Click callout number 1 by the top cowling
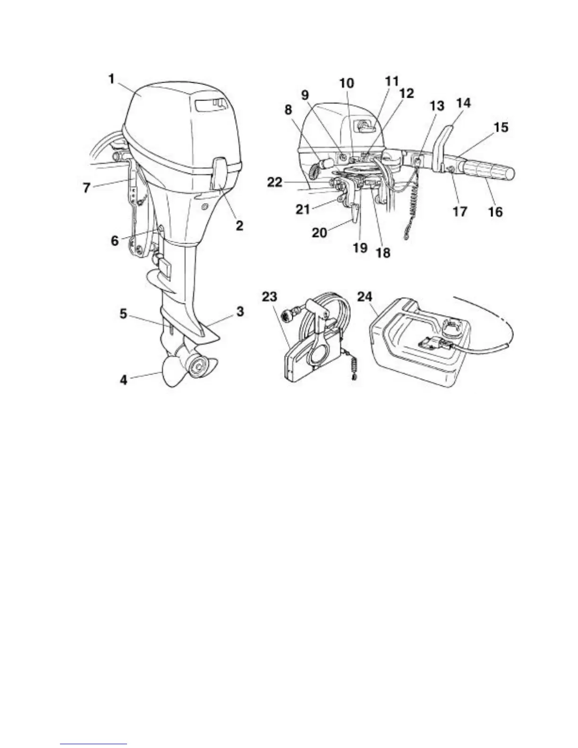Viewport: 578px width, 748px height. click(x=111, y=79)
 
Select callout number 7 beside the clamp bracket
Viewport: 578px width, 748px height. click(x=86, y=188)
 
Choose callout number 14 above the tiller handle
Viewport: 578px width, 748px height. click(x=464, y=102)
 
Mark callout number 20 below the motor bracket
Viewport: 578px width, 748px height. click(x=320, y=232)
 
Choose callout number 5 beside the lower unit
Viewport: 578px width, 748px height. click(x=123, y=314)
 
